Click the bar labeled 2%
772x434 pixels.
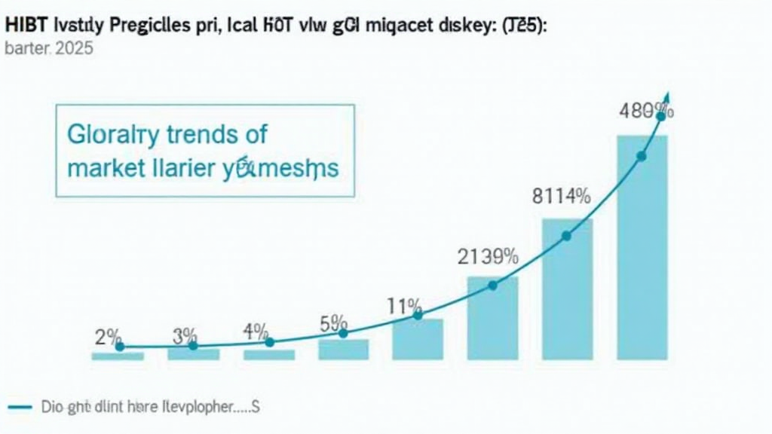click(x=118, y=356)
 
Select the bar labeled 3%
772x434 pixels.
click(x=193, y=353)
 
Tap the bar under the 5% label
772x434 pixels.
click(x=343, y=349)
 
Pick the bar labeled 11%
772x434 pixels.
click(x=418, y=339)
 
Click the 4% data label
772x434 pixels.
click(x=256, y=331)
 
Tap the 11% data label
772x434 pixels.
click(x=405, y=307)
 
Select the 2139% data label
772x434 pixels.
click(x=489, y=257)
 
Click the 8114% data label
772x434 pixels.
click(x=561, y=197)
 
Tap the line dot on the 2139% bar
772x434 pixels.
click(x=493, y=286)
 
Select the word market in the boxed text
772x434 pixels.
click(x=103, y=168)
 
